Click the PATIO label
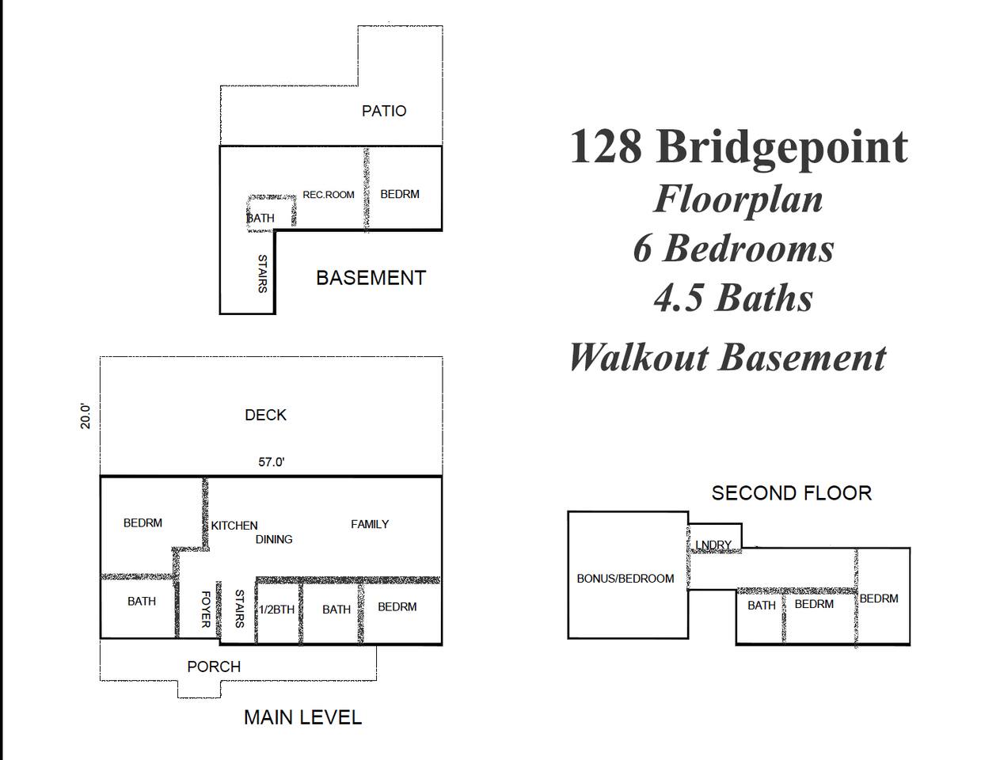click(x=383, y=111)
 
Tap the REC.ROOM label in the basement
click(x=329, y=195)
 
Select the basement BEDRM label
click(x=400, y=194)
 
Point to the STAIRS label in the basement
click(x=262, y=273)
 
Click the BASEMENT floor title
click(x=371, y=278)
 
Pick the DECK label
click(x=265, y=415)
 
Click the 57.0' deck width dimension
click(x=272, y=462)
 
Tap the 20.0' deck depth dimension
click(x=86, y=416)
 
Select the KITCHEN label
click(x=234, y=526)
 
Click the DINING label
click(x=274, y=539)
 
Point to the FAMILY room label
click(x=370, y=524)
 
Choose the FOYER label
click(x=206, y=609)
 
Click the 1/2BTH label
click(x=276, y=610)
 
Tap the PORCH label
click(x=214, y=667)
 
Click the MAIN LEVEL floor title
click(x=302, y=718)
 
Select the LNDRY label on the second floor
click(x=713, y=545)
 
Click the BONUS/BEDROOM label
click(x=625, y=578)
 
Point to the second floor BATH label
click(x=761, y=605)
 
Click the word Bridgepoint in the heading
click(x=781, y=147)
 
